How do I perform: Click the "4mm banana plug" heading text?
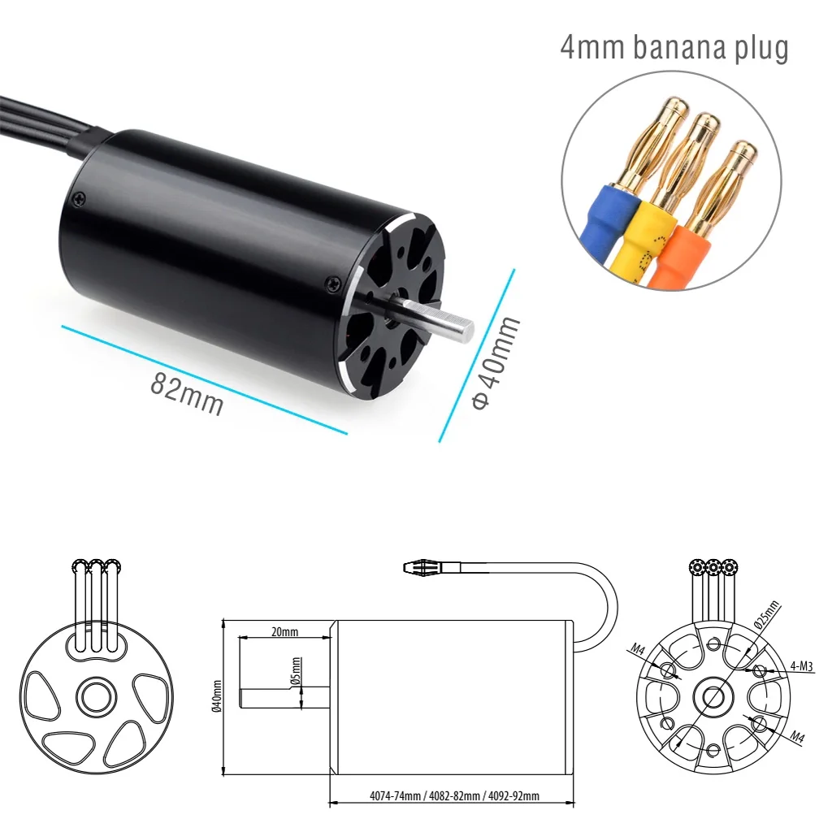tap(674, 48)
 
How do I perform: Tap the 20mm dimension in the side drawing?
tap(284, 631)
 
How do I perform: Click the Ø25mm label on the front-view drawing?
tap(765, 615)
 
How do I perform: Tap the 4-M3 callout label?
tap(803, 667)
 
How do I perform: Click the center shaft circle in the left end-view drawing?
tap(96, 695)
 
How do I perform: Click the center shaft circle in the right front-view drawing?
tap(713, 696)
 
